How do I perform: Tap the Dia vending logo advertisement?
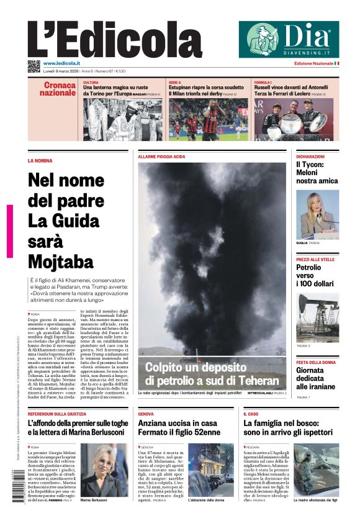pos(289,39)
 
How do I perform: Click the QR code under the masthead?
pos(34,65)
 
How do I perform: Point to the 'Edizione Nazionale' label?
pos(313,63)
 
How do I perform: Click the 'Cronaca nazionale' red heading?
pos(59,89)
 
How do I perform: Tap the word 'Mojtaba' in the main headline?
pos(60,260)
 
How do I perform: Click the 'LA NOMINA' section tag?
pos(40,160)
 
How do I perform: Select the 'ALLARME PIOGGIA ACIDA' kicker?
pos(161,157)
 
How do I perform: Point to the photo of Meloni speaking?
pos(317,214)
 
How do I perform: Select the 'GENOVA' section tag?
pos(146,414)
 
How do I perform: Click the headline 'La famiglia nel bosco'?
pos(288,427)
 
